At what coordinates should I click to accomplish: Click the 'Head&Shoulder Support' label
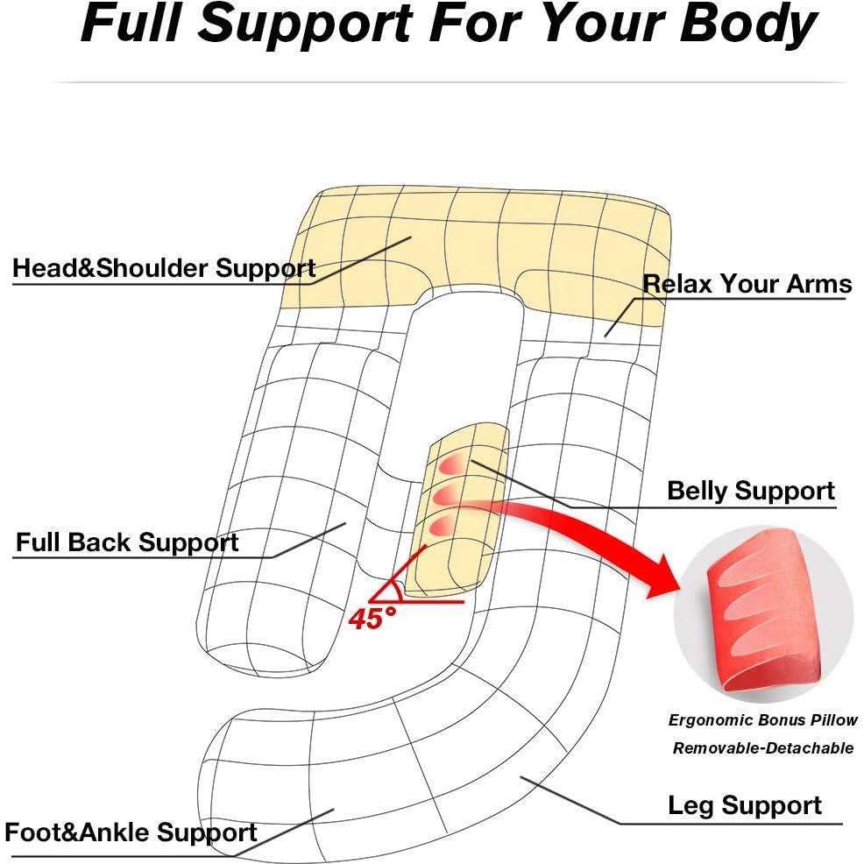(164, 268)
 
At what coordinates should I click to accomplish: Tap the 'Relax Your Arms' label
(747, 284)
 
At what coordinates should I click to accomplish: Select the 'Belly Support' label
(751, 491)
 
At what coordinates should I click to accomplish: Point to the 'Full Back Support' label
(127, 542)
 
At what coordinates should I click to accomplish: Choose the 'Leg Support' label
(745, 805)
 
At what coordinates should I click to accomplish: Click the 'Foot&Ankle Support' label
(131, 832)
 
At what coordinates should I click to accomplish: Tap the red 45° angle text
(372, 619)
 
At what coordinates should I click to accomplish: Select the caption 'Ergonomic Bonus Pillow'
(763, 720)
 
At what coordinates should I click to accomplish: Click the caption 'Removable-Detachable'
(763, 747)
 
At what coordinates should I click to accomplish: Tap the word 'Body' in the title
(748, 25)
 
